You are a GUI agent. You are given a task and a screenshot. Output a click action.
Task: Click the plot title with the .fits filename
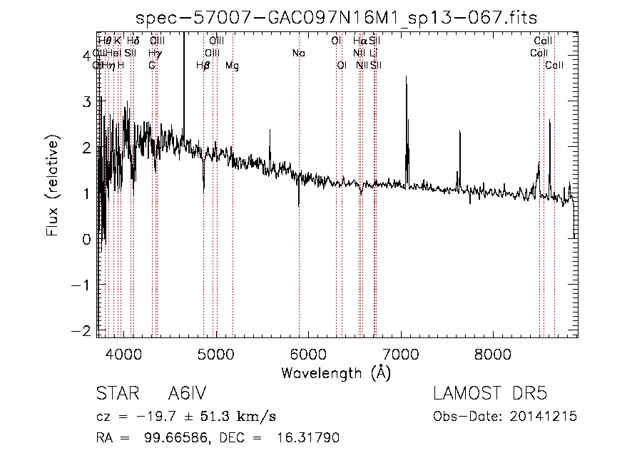click(336, 17)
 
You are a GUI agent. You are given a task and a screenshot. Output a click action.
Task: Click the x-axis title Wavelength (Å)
click(336, 372)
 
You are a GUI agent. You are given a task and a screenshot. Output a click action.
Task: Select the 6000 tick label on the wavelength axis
click(308, 353)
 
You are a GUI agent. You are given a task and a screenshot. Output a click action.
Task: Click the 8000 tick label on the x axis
click(493, 353)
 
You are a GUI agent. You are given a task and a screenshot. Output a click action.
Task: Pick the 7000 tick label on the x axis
click(401, 353)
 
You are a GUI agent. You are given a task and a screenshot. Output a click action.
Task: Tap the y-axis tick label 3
click(86, 101)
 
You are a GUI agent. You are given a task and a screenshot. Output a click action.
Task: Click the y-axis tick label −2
click(83, 331)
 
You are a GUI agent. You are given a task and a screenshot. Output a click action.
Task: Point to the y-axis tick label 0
click(86, 240)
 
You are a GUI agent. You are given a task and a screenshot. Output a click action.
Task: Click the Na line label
click(299, 53)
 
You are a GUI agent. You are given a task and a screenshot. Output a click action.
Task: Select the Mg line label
click(233, 66)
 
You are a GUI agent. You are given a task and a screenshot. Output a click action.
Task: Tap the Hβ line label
click(203, 66)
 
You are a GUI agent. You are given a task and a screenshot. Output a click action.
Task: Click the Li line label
click(374, 53)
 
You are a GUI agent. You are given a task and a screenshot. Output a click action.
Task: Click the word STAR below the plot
click(116, 394)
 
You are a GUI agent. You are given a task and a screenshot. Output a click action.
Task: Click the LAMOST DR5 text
click(489, 394)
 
